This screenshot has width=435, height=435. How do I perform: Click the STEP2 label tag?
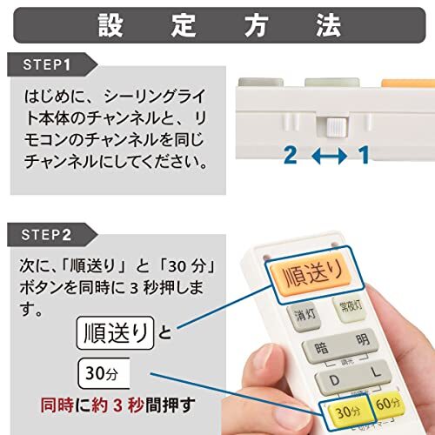(50, 234)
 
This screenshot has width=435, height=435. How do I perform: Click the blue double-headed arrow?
(326, 157)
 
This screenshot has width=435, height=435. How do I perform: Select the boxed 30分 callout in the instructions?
(102, 374)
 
